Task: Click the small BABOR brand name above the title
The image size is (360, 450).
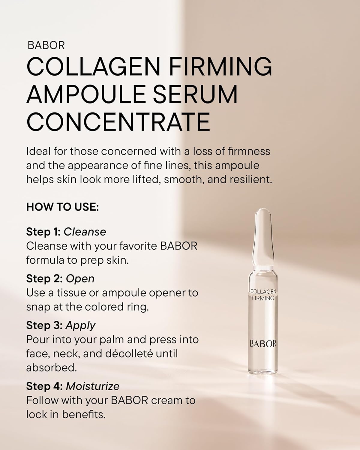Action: pyautogui.click(x=46, y=45)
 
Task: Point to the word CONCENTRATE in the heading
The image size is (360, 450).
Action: pyautogui.click(x=118, y=122)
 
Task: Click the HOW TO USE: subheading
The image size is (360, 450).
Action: pyautogui.click(x=62, y=207)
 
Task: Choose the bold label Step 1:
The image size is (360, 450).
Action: pyautogui.click(x=43, y=232)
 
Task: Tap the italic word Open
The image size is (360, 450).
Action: pyautogui.click(x=80, y=279)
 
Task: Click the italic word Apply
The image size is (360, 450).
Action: pyautogui.click(x=80, y=325)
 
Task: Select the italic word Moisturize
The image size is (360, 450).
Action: pyautogui.click(x=92, y=386)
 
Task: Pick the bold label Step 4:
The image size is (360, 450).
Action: pyautogui.click(x=44, y=386)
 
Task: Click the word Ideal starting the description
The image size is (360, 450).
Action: pyautogui.click(x=38, y=151)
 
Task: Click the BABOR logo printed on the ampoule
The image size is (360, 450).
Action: pyautogui.click(x=263, y=344)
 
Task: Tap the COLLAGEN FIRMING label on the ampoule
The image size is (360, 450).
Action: pyautogui.click(x=263, y=295)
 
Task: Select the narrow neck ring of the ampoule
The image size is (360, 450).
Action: pyautogui.click(x=263, y=267)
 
